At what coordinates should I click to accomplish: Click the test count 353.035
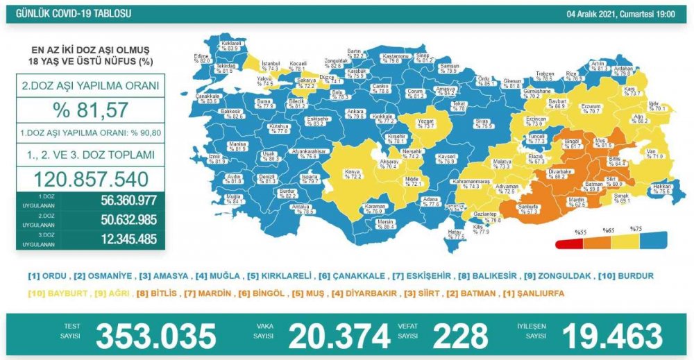(155, 336)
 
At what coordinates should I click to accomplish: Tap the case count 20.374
(339, 336)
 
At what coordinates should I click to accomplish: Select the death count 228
(460, 336)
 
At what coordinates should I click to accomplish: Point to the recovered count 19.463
(611, 336)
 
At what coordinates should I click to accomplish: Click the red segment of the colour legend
(569, 243)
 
